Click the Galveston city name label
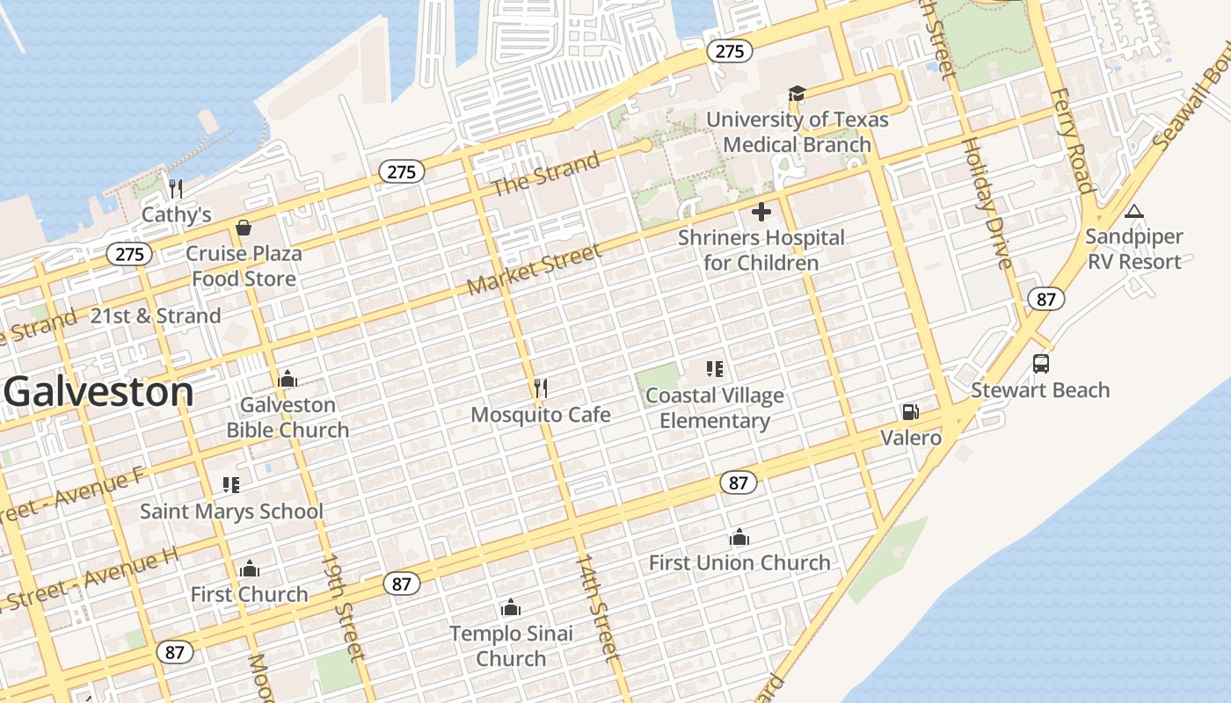(98, 392)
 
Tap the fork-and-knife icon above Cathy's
(176, 188)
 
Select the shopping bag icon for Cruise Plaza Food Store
(244, 228)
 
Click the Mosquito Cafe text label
(541, 415)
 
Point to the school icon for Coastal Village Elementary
(714, 369)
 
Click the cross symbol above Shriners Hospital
(761, 212)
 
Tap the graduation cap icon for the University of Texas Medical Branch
(797, 94)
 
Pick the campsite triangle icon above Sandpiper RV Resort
(1134, 212)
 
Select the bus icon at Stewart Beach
(1040, 364)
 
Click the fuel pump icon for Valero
(911, 412)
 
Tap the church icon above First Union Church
(739, 537)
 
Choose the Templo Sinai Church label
(511, 646)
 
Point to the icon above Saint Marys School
(231, 485)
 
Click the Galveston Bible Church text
(288, 417)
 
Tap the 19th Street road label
(342, 605)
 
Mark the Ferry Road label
(1071, 141)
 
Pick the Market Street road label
(535, 269)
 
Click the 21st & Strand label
(156, 316)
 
